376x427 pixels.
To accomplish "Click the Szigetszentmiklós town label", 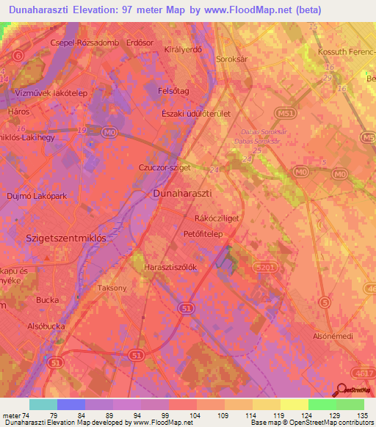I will (x=66, y=238).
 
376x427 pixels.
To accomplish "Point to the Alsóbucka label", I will (x=43, y=326).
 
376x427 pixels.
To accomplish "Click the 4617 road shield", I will (x=362, y=373).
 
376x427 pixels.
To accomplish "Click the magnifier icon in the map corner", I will (x=340, y=391).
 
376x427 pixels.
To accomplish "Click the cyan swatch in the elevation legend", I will (x=43, y=404).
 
